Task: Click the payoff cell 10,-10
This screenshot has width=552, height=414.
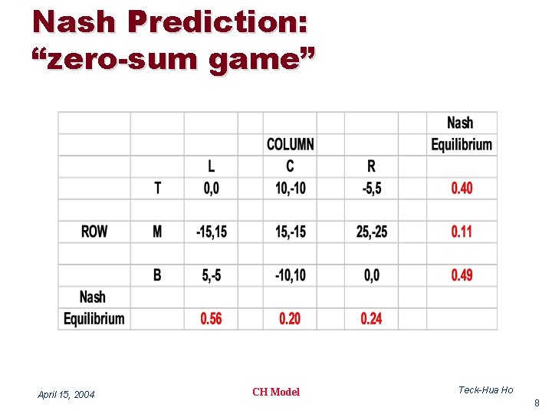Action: tap(290, 188)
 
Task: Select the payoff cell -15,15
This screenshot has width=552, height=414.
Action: tap(211, 232)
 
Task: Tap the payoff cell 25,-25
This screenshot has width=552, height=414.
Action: tap(372, 232)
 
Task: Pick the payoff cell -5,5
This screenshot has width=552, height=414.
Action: tap(372, 188)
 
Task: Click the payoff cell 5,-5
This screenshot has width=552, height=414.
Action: tap(211, 275)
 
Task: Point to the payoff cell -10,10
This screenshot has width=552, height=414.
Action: tap(290, 275)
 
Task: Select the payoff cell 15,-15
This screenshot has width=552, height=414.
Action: tap(290, 232)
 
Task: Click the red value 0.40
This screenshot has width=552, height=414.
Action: tap(462, 188)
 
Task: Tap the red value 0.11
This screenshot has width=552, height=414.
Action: tap(462, 232)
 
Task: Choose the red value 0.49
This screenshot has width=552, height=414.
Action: tap(462, 275)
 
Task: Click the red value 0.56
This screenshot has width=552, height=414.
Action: tap(211, 318)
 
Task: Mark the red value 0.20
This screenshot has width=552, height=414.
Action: tap(290, 318)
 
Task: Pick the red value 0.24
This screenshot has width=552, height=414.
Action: tap(371, 318)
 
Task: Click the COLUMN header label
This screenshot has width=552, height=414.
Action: tap(290, 144)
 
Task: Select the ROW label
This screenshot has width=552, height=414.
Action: tap(94, 232)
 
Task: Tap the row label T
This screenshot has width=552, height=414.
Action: tap(157, 188)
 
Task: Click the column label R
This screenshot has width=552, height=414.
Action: tap(371, 166)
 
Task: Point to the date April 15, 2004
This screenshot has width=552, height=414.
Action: tap(66, 395)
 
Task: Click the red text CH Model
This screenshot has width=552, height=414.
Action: tap(276, 392)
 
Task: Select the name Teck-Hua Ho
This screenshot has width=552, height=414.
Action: tap(485, 390)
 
